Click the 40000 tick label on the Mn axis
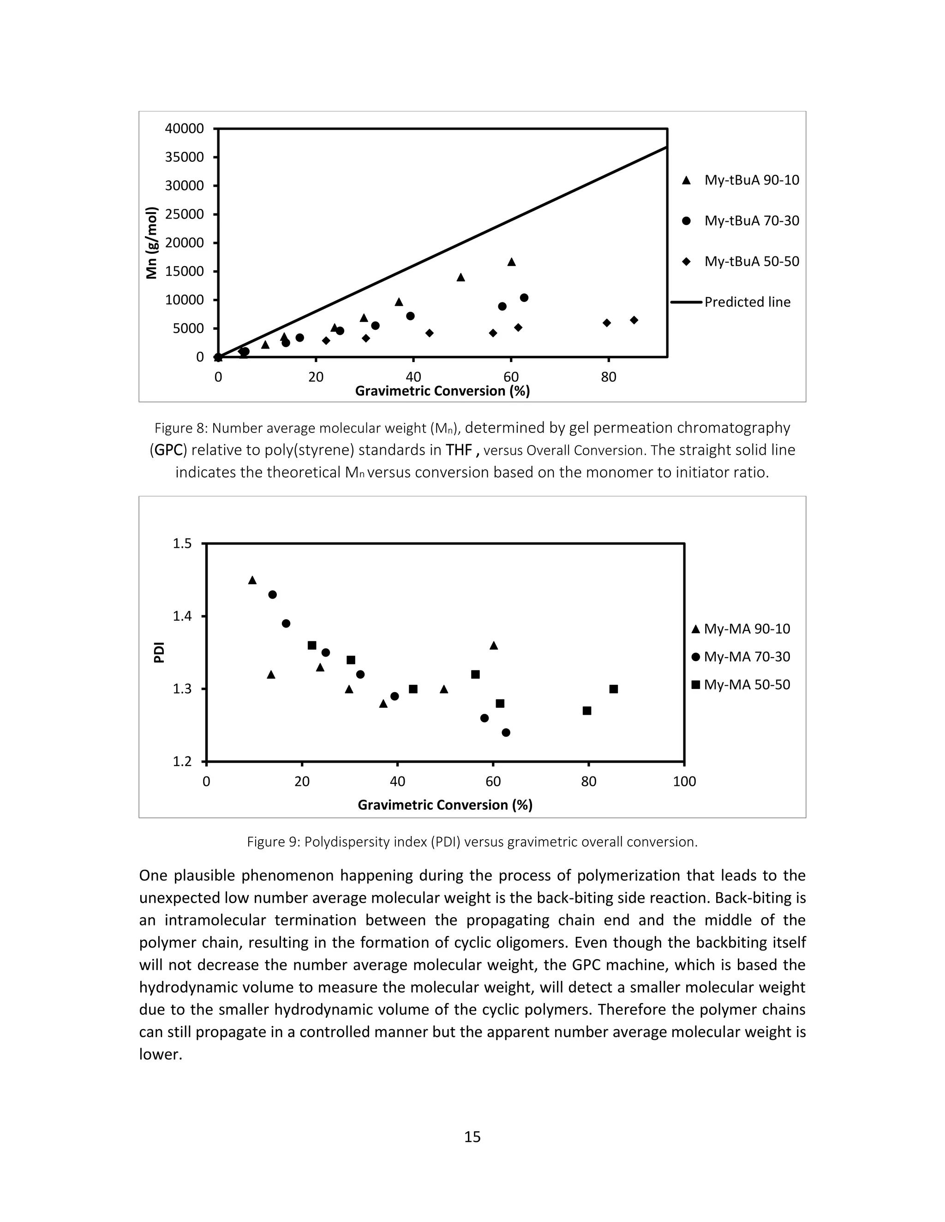[184, 129]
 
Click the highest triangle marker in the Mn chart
[511, 262]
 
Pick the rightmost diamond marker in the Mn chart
[634, 320]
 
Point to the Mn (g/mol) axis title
[151, 243]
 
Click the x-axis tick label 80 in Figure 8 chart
[609, 377]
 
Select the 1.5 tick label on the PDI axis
[182, 543]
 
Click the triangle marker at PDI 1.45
[252, 580]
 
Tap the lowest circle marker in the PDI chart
[506, 732]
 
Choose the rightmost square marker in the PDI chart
[614, 689]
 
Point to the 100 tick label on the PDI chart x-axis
[684, 782]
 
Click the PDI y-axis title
[159, 653]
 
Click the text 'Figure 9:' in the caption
[273, 842]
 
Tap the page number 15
[472, 1137]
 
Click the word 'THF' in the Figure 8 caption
[459, 451]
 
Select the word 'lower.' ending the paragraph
[161, 1055]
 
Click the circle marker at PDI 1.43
[273, 595]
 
